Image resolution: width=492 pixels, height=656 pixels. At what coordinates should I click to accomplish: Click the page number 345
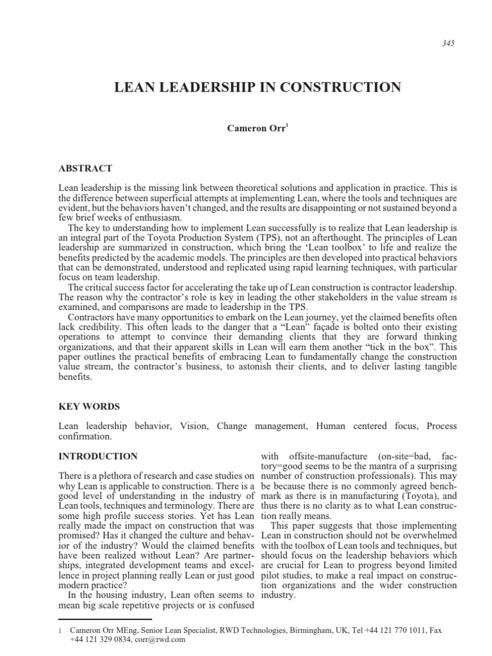tap(432, 44)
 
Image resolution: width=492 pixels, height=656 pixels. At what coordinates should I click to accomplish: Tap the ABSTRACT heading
tap(85, 168)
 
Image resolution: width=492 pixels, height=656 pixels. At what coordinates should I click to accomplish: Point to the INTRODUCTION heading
tap(97, 457)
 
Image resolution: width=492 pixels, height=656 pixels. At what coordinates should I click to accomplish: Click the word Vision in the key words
tap(194, 426)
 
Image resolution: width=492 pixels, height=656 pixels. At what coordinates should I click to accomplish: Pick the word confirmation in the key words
tap(85, 437)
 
